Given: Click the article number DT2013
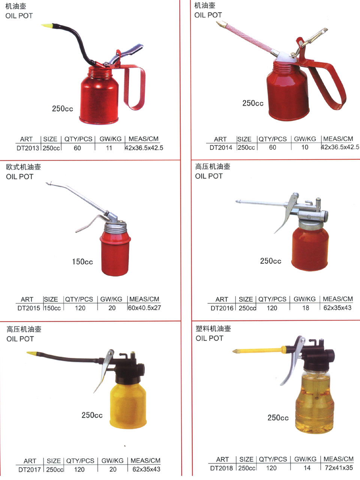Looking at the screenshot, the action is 28,148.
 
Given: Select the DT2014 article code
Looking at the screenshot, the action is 221,148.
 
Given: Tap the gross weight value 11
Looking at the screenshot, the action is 109,148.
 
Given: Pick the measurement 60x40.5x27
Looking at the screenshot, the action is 144,307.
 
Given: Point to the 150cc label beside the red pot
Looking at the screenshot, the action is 82,261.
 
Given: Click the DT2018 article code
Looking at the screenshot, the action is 221,468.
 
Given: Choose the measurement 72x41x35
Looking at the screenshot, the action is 339,468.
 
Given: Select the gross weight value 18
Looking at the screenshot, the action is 306,308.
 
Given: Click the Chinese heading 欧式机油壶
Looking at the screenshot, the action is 23,167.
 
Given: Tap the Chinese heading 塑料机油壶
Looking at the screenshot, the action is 213,328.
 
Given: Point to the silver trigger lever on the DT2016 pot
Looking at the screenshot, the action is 286,212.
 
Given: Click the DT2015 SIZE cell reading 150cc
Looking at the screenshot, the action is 52,308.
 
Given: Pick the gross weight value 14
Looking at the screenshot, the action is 307,468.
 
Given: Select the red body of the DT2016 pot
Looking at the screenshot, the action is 310,249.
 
